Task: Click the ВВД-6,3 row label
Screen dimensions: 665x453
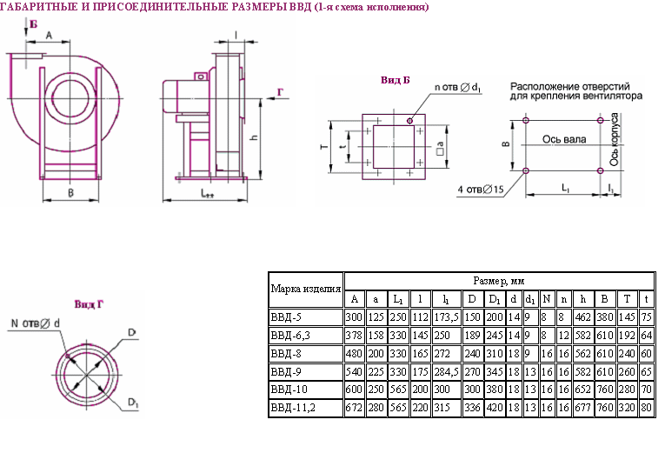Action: (290, 336)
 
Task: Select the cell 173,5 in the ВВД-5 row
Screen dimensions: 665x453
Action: (446, 317)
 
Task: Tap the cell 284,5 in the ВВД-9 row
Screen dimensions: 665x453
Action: (446, 372)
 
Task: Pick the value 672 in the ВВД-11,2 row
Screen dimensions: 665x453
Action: (354, 408)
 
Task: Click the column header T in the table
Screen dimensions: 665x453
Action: (627, 299)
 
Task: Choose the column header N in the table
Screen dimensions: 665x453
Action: (547, 299)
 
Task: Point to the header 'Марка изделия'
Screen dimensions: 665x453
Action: (306, 290)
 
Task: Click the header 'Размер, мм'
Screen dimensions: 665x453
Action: (499, 281)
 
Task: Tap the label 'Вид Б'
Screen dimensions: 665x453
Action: (396, 80)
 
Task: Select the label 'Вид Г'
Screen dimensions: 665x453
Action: (89, 304)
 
